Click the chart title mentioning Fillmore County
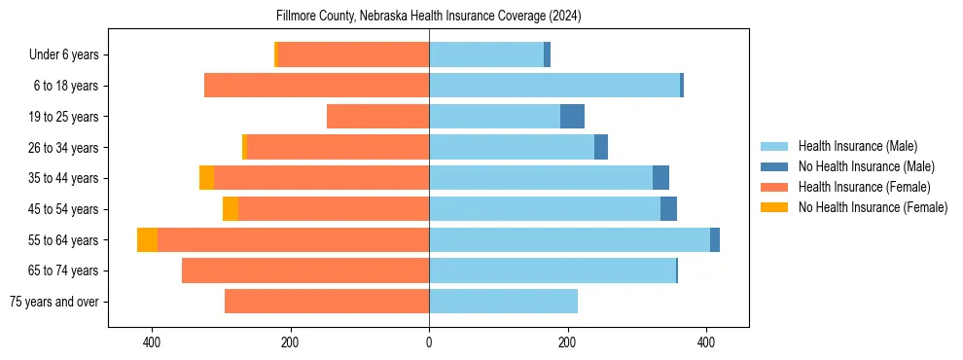tap(429, 16)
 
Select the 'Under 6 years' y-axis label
tap(70, 54)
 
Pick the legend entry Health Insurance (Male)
tap(857, 146)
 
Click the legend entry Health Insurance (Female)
tap(864, 187)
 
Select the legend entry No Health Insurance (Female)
tap(873, 207)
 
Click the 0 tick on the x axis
tap(429, 342)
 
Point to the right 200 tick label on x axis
tap(568, 342)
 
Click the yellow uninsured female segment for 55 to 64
tap(147, 240)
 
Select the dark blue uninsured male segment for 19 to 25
tap(572, 117)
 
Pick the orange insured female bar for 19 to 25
tap(377, 117)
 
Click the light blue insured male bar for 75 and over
tap(503, 302)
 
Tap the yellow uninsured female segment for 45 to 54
tap(231, 209)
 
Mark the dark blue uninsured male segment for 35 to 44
tap(660, 178)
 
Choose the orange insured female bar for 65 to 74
tap(305, 270)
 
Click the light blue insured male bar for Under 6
tap(486, 54)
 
